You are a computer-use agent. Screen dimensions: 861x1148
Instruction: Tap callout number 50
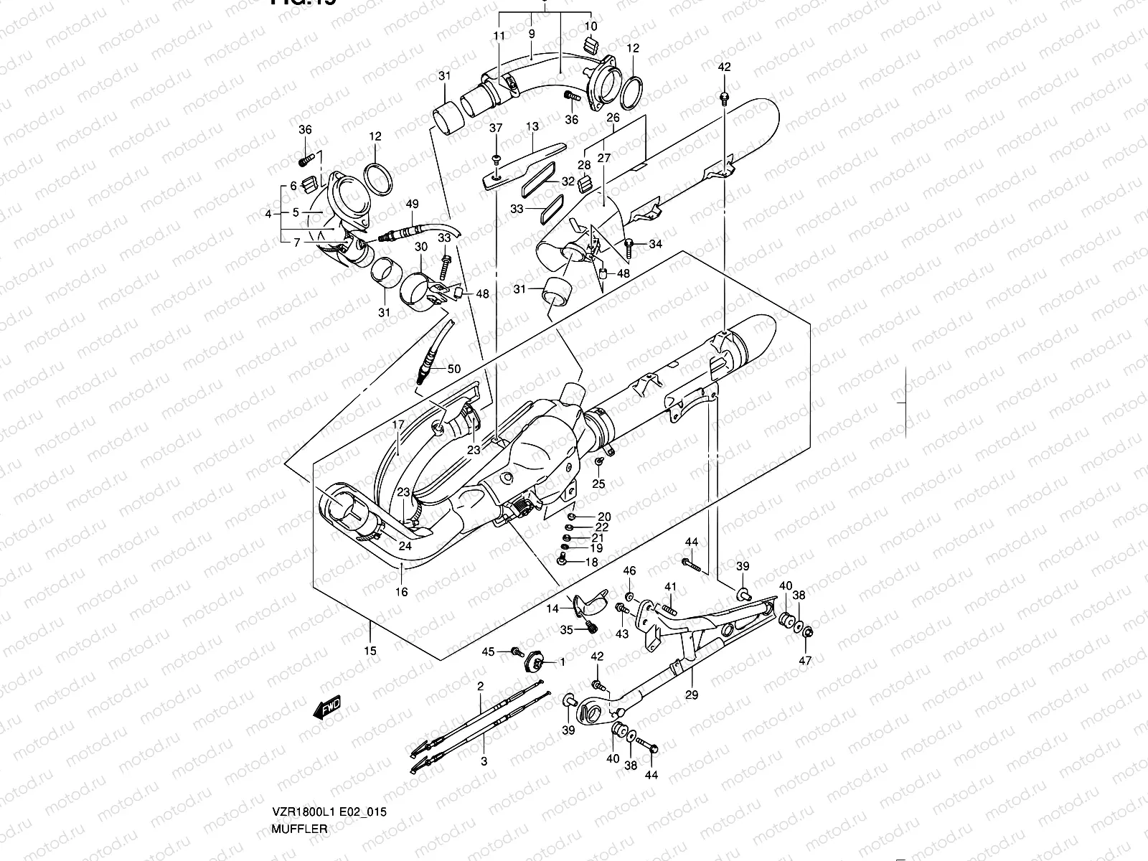453,369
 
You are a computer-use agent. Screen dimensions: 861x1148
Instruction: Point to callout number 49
411,204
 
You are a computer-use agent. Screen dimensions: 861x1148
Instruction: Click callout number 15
370,651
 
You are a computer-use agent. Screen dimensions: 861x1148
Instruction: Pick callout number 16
401,592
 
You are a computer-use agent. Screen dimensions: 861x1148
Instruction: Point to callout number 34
655,245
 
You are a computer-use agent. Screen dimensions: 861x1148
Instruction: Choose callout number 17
395,424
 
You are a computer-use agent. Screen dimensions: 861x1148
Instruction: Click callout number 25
598,484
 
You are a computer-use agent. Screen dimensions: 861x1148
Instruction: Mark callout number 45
488,651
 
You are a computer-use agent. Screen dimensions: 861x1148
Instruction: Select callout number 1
563,662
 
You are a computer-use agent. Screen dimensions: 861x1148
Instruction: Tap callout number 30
421,246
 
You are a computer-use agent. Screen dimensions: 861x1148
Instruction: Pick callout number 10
591,27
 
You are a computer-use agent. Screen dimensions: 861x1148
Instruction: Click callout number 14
552,608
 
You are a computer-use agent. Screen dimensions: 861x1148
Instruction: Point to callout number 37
496,128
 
